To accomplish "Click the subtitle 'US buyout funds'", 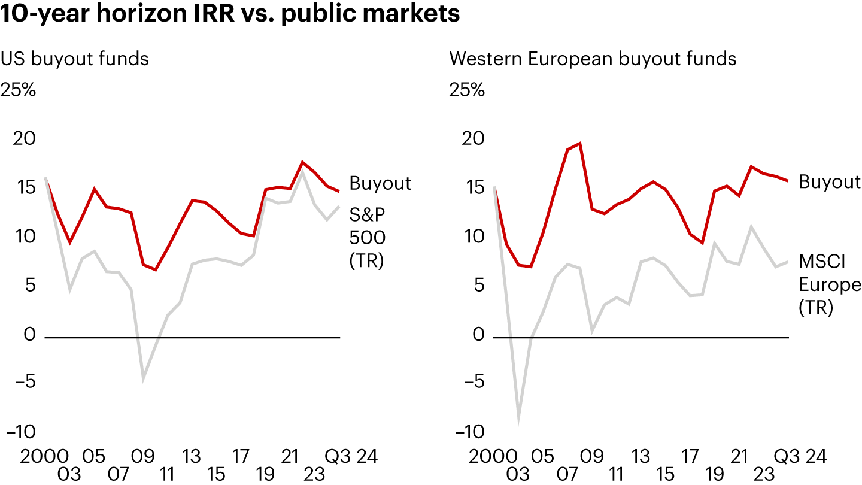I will click(75, 59).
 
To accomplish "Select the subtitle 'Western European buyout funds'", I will click(593, 59).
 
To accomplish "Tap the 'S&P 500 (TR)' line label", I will click(367, 238).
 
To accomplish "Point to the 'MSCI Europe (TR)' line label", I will click(830, 284).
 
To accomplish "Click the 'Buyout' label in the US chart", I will click(380, 183).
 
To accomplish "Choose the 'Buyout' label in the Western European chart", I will click(830, 181).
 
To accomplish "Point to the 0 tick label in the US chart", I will click(30, 334).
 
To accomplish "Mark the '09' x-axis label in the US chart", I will click(143, 457).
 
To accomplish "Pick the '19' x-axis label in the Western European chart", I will click(714, 475).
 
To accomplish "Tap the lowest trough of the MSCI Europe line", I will click(518, 423).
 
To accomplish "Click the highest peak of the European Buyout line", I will click(579, 143).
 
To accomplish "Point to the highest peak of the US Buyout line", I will click(303, 162).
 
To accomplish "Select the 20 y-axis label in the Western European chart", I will click(474, 139).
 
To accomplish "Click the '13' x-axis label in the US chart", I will click(192, 457).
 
